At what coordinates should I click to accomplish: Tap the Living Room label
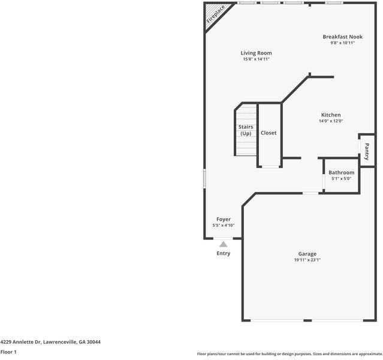[256, 53]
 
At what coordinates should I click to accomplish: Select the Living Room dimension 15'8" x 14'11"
[256, 59]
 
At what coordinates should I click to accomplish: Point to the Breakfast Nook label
[342, 37]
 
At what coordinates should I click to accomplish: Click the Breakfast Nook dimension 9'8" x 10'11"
[342, 43]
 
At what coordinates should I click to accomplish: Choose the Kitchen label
[331, 115]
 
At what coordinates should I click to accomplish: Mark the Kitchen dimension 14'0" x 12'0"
[331, 121]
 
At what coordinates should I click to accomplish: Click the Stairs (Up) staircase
[246, 130]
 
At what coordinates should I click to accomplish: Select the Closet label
[269, 133]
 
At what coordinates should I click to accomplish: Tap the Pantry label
[367, 151]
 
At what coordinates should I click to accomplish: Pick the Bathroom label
[341, 172]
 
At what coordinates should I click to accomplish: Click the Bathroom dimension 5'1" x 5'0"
[341, 178]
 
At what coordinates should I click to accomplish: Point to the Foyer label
[224, 219]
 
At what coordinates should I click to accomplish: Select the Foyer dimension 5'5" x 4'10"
[224, 226]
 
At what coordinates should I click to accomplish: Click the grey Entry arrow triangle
[224, 244]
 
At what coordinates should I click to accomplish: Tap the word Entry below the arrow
[224, 253]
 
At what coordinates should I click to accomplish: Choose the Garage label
[307, 254]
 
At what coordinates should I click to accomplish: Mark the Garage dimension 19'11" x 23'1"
[307, 260]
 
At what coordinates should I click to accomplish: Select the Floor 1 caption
[8, 352]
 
